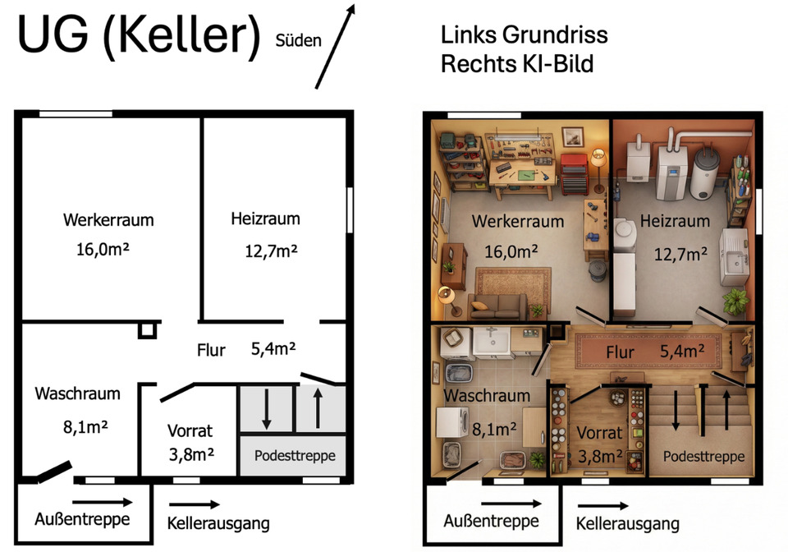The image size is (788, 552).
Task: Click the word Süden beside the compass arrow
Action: pyautogui.click(x=298, y=40)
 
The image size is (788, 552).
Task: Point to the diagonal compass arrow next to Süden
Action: pyautogui.click(x=335, y=46)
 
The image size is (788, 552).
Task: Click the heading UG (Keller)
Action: pyautogui.click(x=139, y=35)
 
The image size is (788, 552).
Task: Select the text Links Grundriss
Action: pyautogui.click(x=525, y=35)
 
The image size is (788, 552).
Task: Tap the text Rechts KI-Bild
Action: pyautogui.click(x=517, y=64)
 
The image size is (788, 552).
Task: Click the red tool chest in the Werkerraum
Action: pyautogui.click(x=574, y=173)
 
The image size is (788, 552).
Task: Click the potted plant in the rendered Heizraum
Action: pyautogui.click(x=735, y=301)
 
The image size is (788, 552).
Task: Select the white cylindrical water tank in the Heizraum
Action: pyautogui.click(x=704, y=173)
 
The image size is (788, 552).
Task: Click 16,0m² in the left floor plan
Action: pyautogui.click(x=103, y=249)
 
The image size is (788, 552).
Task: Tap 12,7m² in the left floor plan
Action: pyautogui.click(x=271, y=251)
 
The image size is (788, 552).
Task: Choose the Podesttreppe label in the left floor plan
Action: pyautogui.click(x=295, y=455)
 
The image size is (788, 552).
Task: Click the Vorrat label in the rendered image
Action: pyautogui.click(x=599, y=433)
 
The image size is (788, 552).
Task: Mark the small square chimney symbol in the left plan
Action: pyautogui.click(x=147, y=330)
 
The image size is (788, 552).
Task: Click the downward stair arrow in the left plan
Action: pyautogui.click(x=267, y=409)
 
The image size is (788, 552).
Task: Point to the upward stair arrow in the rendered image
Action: pyautogui.click(x=726, y=410)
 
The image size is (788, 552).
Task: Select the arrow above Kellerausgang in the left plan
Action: pyautogui.click(x=195, y=504)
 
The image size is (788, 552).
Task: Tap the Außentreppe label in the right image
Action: pyautogui.click(x=491, y=521)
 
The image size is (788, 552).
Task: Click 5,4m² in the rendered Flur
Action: pyautogui.click(x=682, y=351)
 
